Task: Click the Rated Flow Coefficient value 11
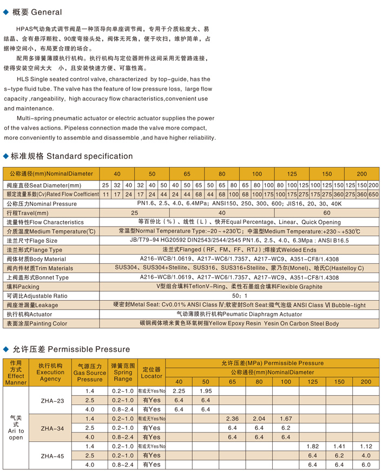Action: (x=106, y=194)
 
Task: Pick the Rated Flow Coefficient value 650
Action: (x=373, y=194)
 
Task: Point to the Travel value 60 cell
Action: (x=327, y=213)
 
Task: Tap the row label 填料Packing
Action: (x=23, y=287)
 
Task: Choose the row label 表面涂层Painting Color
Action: (x=37, y=324)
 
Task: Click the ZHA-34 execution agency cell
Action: (x=52, y=428)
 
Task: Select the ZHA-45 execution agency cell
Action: (x=52, y=455)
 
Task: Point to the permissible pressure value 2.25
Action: (x=179, y=391)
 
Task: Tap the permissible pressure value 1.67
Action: (x=286, y=418)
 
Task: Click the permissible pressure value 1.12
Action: (x=366, y=446)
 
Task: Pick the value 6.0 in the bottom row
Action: (x=366, y=464)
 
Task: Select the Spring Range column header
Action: (x=123, y=372)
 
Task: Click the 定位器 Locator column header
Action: (x=152, y=372)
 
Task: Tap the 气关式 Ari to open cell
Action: (x=16, y=427)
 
